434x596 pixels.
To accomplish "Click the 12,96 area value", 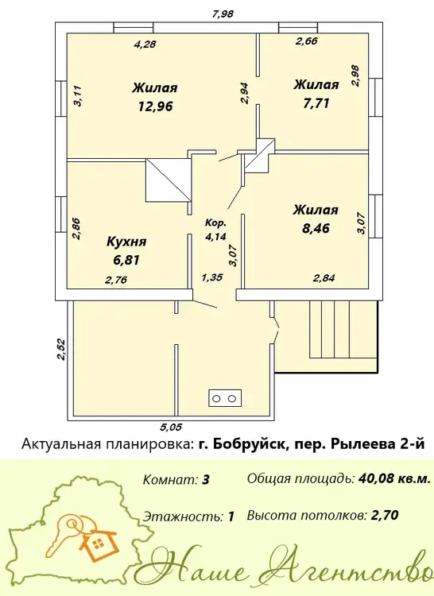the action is click(x=156, y=106).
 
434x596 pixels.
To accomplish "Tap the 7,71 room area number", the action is click(x=316, y=103).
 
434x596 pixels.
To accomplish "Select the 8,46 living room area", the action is click(x=316, y=228).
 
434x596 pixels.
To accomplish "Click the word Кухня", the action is click(x=126, y=242).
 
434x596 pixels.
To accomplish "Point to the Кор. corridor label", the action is click(x=215, y=223).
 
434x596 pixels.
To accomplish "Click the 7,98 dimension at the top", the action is click(x=223, y=14).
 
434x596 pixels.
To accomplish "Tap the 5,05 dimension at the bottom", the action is click(x=171, y=428).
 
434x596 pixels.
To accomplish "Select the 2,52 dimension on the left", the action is click(x=61, y=350).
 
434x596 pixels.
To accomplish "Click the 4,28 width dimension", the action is click(x=145, y=45).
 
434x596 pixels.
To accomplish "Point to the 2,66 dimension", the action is click(x=307, y=41).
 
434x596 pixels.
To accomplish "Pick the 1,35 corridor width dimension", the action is click(x=212, y=277).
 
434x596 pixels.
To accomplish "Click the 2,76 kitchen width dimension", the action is click(x=116, y=281).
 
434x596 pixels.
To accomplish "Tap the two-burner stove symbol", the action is click(x=225, y=398).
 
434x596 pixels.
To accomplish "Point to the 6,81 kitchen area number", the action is click(x=126, y=261).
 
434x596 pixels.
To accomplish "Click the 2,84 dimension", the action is click(x=324, y=278).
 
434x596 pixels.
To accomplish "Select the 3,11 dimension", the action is click(x=78, y=96).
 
